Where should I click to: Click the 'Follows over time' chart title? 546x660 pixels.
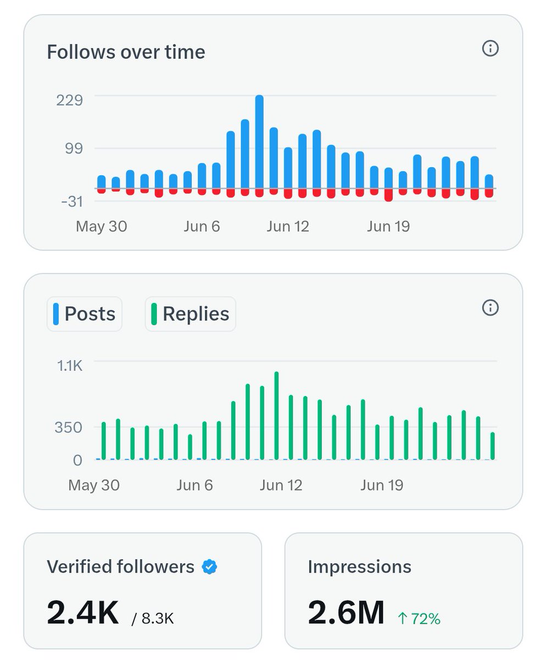click(126, 52)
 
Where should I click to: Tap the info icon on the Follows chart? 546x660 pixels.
click(490, 49)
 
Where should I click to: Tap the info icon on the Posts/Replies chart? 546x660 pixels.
click(490, 308)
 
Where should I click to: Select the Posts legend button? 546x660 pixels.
click(85, 314)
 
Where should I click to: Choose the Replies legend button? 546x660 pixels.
click(190, 314)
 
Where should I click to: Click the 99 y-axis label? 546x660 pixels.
click(73, 148)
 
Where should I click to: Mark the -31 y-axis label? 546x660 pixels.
click(71, 201)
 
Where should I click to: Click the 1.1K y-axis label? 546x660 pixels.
click(70, 366)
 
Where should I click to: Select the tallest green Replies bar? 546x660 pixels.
click(276, 415)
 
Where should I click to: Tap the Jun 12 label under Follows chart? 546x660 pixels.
click(288, 227)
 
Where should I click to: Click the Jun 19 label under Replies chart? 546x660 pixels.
click(382, 485)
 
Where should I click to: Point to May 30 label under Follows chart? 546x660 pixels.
click(101, 227)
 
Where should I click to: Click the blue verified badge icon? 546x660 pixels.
click(209, 567)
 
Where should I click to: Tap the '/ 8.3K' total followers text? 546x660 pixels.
click(153, 619)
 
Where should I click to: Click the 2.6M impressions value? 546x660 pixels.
click(346, 612)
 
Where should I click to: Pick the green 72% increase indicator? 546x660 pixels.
click(419, 619)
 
